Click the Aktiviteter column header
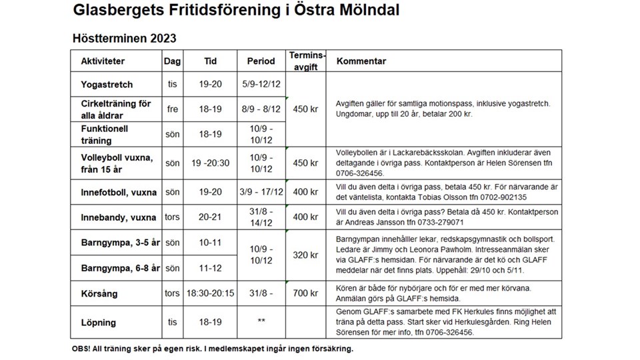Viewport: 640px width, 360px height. [103, 61]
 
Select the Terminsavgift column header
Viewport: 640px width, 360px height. [307, 61]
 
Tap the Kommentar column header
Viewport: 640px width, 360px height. [361, 61]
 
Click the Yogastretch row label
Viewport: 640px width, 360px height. [107, 85]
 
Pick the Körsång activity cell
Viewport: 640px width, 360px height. [99, 293]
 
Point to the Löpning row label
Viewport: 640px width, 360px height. [99, 323]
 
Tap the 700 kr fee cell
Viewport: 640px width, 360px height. [306, 293]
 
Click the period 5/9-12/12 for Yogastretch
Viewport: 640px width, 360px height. [261, 85]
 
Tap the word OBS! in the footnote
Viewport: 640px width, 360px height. [82, 349]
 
